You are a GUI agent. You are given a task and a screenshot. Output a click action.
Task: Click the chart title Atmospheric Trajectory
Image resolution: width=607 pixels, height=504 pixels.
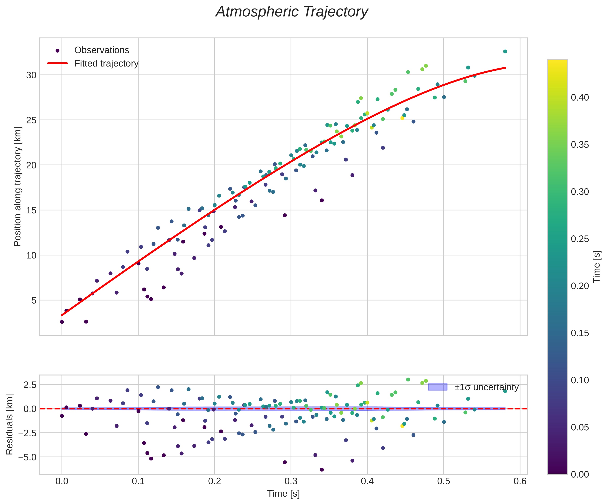click(x=292, y=12)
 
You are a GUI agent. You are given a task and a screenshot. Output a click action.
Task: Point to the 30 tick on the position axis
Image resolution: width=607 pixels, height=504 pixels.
click(x=31, y=75)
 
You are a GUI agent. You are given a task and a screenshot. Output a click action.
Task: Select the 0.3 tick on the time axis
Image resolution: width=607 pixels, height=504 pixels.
click(x=291, y=481)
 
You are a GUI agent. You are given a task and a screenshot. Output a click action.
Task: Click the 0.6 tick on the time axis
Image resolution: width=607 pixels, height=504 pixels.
click(x=520, y=481)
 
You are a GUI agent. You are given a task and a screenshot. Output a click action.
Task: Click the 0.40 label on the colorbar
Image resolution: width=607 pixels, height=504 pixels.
click(x=580, y=98)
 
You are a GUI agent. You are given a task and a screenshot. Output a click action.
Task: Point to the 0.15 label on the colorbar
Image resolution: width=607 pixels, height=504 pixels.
click(x=580, y=333)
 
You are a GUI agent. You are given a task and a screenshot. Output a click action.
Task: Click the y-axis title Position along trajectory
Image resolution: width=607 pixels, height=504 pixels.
click(x=18, y=187)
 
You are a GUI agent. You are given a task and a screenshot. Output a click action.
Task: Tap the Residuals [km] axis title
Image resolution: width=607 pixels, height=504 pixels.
click(x=10, y=424)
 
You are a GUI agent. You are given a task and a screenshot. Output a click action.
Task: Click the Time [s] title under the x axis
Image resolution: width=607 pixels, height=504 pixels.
click(x=283, y=494)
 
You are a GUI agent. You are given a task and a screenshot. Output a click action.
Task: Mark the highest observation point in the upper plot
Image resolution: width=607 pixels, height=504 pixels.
click(x=505, y=51)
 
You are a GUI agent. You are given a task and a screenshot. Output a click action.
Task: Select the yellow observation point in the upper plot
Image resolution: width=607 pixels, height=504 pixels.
click(x=402, y=118)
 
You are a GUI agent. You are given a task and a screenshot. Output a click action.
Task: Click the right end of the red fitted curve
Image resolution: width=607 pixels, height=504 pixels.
click(x=505, y=68)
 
